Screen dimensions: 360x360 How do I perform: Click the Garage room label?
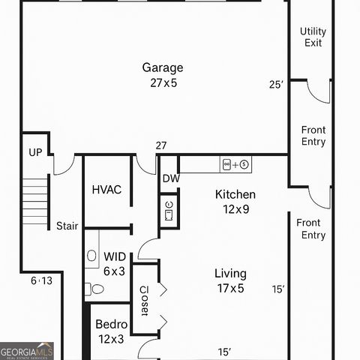click(x=163, y=67)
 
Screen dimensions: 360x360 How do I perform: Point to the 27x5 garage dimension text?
click(x=163, y=82)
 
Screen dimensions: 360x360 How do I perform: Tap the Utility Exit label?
click(x=313, y=37)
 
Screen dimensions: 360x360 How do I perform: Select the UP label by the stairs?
click(x=35, y=152)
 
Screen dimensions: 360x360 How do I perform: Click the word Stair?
click(x=67, y=226)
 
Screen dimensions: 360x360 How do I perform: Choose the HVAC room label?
click(x=106, y=190)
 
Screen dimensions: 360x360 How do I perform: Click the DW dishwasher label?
click(x=171, y=178)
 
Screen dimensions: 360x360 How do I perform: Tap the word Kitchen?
click(x=235, y=194)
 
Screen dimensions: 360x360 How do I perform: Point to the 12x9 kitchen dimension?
click(x=235, y=209)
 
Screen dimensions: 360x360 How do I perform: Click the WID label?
click(x=115, y=256)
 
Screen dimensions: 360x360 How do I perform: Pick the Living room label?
click(x=230, y=274)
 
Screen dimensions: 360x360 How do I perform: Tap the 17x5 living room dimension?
click(x=230, y=289)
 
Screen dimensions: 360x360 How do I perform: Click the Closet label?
click(x=145, y=300)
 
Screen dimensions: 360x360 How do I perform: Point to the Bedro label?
click(x=112, y=325)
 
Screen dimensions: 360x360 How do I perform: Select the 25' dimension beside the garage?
click(x=277, y=85)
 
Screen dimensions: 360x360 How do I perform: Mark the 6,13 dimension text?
click(x=42, y=280)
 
